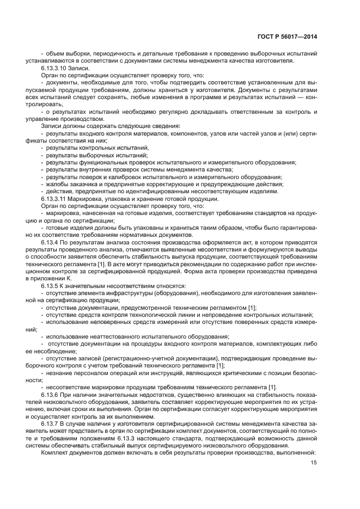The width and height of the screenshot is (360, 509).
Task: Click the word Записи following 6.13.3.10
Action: (78, 69)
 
